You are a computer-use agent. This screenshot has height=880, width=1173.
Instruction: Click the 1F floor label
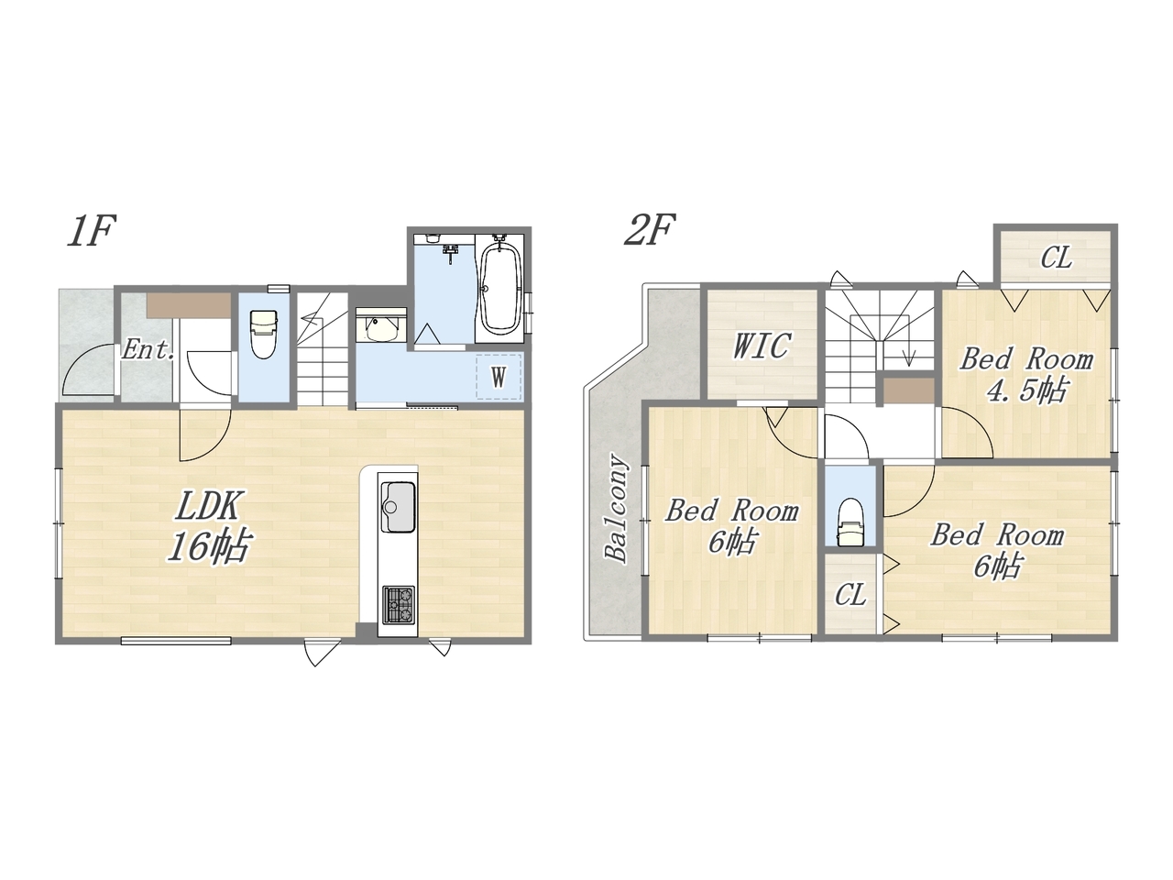[92, 230]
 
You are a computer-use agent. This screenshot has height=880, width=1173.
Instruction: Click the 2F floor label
[650, 230]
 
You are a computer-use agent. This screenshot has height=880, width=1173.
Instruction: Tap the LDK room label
[207, 505]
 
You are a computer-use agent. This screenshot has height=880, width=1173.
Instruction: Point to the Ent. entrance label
[148, 350]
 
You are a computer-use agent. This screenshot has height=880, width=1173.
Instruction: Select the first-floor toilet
[263, 334]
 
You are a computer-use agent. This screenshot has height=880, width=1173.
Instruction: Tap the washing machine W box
[499, 377]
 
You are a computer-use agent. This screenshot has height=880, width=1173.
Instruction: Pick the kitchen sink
[398, 507]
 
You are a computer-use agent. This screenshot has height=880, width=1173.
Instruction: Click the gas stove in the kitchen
[399, 604]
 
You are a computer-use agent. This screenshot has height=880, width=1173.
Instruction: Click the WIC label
[761, 346]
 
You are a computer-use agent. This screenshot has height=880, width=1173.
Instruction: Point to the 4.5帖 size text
[1027, 390]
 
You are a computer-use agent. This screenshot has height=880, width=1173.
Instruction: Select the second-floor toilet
[850, 522]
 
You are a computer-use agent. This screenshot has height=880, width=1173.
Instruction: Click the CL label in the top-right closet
[1056, 258]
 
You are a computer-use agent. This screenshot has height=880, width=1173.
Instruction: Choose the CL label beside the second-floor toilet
[850, 595]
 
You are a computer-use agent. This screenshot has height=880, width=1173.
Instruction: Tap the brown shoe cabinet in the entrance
[189, 305]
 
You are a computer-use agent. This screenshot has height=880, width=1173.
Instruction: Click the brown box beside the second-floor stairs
[908, 391]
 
